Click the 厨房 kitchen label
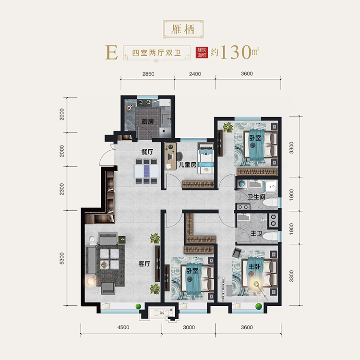148,121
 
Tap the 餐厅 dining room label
147,152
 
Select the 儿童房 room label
187,165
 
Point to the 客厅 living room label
144,264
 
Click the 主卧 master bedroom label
254,266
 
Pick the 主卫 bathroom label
256,234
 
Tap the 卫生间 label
256,197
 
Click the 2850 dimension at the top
148,74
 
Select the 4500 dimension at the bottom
123,327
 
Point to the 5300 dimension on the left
62,258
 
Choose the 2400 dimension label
195,74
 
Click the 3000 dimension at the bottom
189,327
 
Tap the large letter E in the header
111,52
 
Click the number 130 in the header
236,52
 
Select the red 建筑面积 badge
202,52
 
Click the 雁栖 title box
183,29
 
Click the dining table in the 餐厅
146,171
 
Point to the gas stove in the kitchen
144,103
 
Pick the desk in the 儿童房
170,156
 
